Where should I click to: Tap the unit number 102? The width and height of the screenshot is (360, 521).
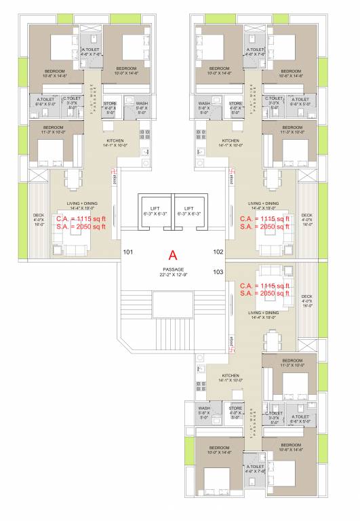click(x=218, y=252)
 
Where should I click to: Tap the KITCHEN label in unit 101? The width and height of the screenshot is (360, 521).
click(x=114, y=141)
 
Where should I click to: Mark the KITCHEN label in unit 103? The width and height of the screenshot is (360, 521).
click(x=231, y=375)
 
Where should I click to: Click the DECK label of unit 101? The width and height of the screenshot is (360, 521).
click(x=38, y=215)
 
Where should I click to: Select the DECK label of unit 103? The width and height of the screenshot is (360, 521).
click(x=306, y=296)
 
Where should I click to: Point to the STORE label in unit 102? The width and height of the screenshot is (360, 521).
click(x=235, y=104)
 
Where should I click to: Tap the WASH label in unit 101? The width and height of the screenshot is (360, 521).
click(x=142, y=104)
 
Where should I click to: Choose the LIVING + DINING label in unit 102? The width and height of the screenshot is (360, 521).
click(x=263, y=204)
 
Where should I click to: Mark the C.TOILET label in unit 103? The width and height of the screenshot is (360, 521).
click(x=274, y=413)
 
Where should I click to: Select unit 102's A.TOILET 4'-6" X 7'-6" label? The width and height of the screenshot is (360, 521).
click(x=256, y=52)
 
